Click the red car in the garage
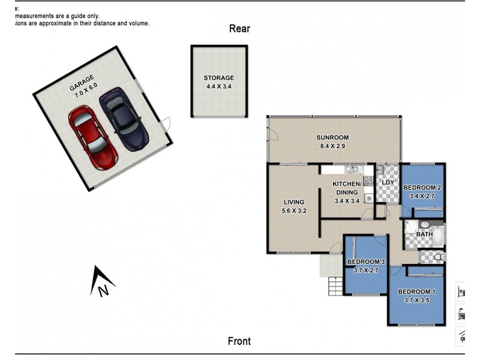94,136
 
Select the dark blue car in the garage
123,118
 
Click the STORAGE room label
218,78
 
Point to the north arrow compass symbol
102,282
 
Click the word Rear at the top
239,28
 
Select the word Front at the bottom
239,341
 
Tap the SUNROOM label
332,137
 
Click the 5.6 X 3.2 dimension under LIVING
294,211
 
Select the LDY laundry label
388,182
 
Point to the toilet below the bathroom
437,257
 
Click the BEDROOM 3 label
366,262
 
